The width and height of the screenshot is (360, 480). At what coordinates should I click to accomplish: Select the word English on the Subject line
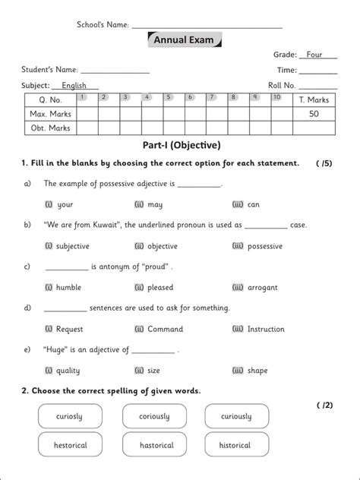click(74, 86)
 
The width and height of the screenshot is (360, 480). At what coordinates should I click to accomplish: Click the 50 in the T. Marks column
click(314, 113)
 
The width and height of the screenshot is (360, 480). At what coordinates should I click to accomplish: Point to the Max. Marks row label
click(49, 113)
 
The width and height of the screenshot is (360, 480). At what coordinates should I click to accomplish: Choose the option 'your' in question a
click(65, 204)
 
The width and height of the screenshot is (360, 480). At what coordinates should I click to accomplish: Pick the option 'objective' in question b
click(160, 246)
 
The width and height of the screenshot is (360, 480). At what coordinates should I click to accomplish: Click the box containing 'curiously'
click(236, 417)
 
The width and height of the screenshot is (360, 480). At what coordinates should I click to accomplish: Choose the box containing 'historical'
click(236, 445)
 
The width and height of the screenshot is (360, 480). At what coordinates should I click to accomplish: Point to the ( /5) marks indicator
click(324, 163)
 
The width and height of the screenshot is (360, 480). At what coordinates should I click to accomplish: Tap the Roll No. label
click(281, 86)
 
